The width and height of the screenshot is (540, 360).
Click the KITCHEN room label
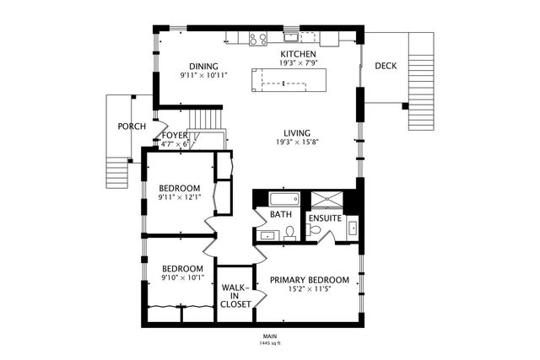pos(299,54)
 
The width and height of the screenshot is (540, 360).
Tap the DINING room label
pos(203,67)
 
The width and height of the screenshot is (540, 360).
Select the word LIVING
pos(296,133)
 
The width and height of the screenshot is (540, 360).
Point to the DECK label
pos(386,66)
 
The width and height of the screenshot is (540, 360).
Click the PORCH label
pos(131,126)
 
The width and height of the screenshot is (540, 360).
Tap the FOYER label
pos(175,135)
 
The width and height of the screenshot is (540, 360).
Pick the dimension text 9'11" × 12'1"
pos(180,197)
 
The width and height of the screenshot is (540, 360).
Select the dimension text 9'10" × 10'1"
pos(182,277)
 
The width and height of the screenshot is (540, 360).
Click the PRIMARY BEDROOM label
pos(309,280)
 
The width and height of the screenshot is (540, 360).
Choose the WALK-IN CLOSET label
pos(235,296)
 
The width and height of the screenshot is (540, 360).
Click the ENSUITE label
pos(324,218)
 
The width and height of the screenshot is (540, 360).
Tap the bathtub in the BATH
pos(283,200)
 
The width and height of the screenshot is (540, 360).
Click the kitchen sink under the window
pos(291,36)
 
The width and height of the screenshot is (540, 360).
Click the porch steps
pos(116,172)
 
